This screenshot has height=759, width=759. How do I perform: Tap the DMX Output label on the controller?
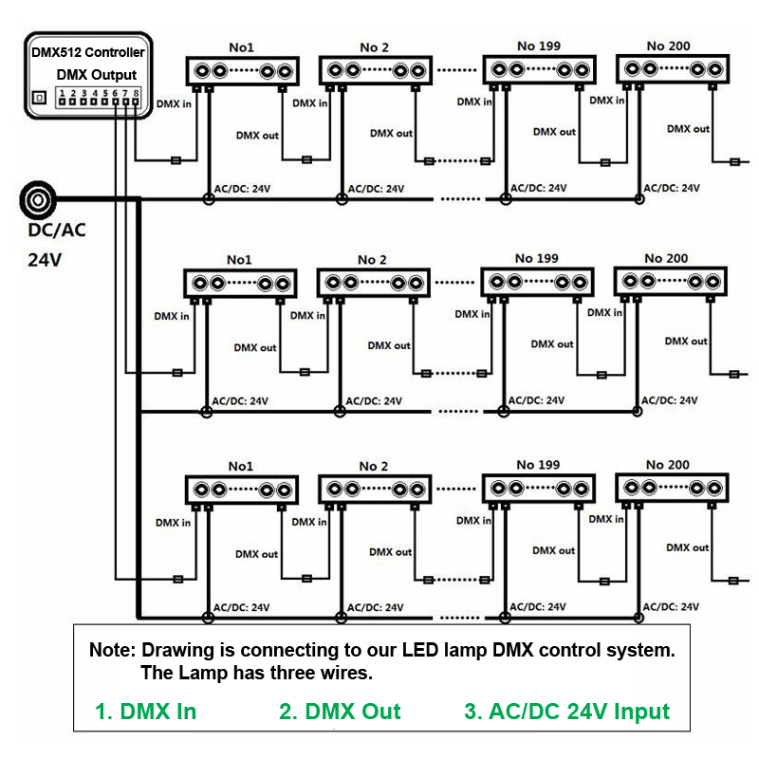click(97, 75)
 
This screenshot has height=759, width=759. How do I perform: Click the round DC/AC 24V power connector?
click(38, 200)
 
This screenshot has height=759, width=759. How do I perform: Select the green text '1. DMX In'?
click(146, 712)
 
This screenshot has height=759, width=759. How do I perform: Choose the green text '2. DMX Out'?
click(340, 712)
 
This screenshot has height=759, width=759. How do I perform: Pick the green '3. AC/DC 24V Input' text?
click(566, 712)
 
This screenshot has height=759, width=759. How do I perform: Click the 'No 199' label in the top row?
click(539, 46)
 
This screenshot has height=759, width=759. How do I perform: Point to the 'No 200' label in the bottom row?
click(668, 465)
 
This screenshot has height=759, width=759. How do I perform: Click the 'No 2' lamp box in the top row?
click(376, 70)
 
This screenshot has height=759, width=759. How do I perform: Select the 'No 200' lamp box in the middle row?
click(672, 282)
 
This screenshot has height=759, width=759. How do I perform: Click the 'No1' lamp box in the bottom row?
click(242, 490)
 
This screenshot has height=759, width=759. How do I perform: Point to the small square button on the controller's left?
click(39, 98)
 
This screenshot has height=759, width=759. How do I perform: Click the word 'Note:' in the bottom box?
click(113, 652)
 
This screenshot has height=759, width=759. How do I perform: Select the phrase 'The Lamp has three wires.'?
click(256, 675)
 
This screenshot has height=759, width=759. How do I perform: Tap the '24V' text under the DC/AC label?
click(44, 258)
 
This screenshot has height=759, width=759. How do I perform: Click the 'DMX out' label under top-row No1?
click(257, 136)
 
